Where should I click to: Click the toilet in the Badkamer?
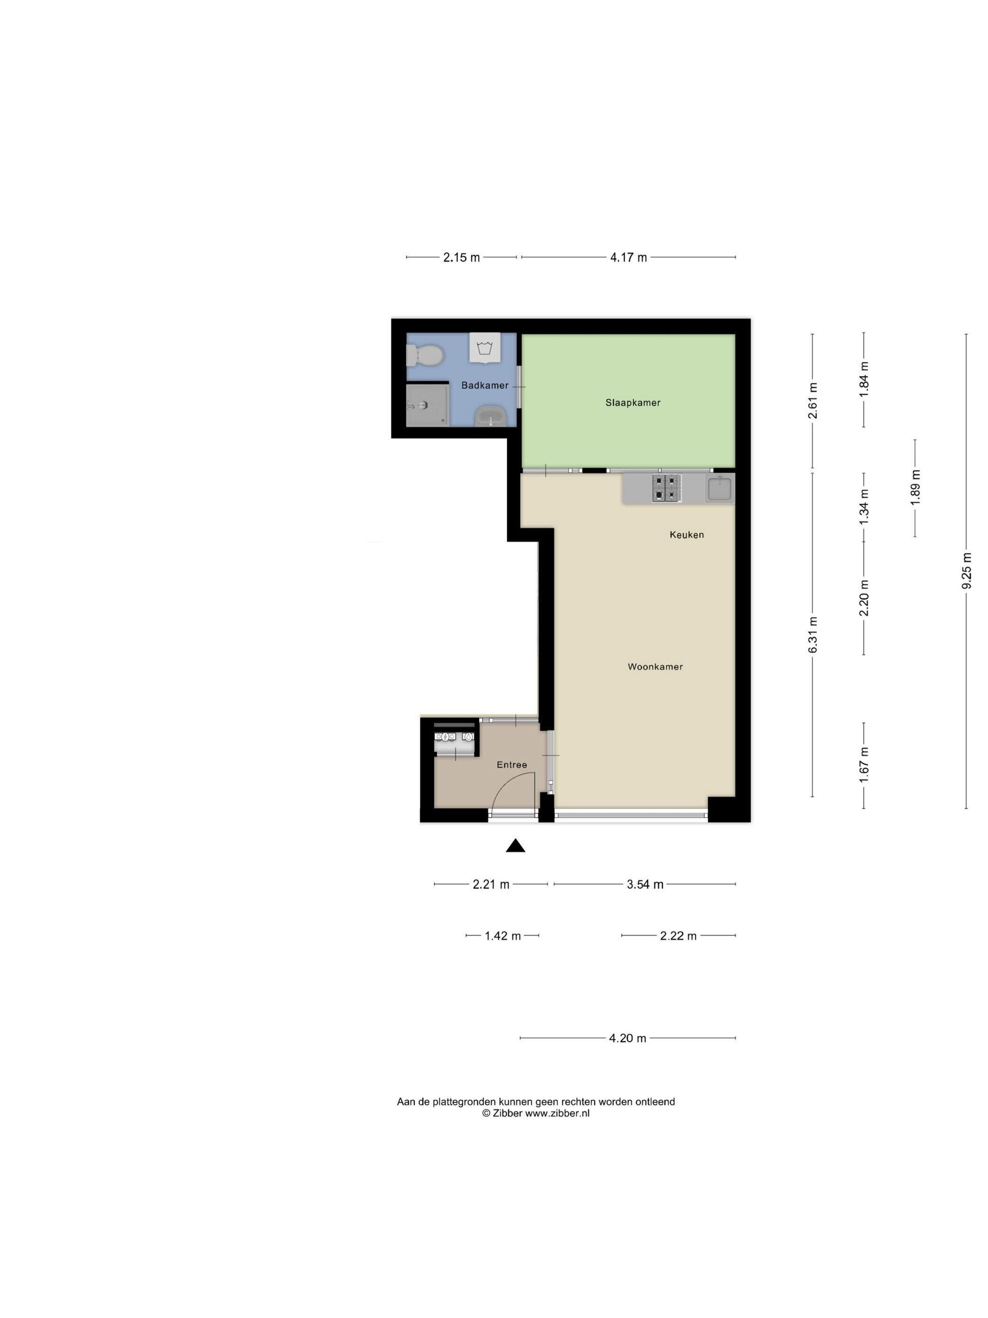pyautogui.click(x=424, y=356)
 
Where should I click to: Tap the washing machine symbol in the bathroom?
pyautogui.click(x=484, y=347)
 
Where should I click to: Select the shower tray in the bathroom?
pyautogui.click(x=426, y=404)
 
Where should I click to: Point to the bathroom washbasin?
pyautogui.click(x=491, y=416)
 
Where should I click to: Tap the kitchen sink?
pyautogui.click(x=720, y=489)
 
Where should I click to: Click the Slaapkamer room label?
pyautogui.click(x=632, y=403)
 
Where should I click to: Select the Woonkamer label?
pyautogui.click(x=655, y=667)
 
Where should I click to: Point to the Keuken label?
pyautogui.click(x=686, y=534)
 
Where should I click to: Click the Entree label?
pyautogui.click(x=511, y=765)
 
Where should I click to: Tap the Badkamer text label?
pyautogui.click(x=485, y=386)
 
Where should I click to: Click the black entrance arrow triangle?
pyautogui.click(x=515, y=845)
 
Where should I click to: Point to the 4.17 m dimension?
pyautogui.click(x=628, y=258)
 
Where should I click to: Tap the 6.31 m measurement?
pyautogui.click(x=813, y=635)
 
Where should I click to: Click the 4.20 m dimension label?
pyautogui.click(x=627, y=1038)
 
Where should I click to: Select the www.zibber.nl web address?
pyautogui.click(x=557, y=1113)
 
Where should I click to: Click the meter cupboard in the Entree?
pyautogui.click(x=455, y=739)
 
